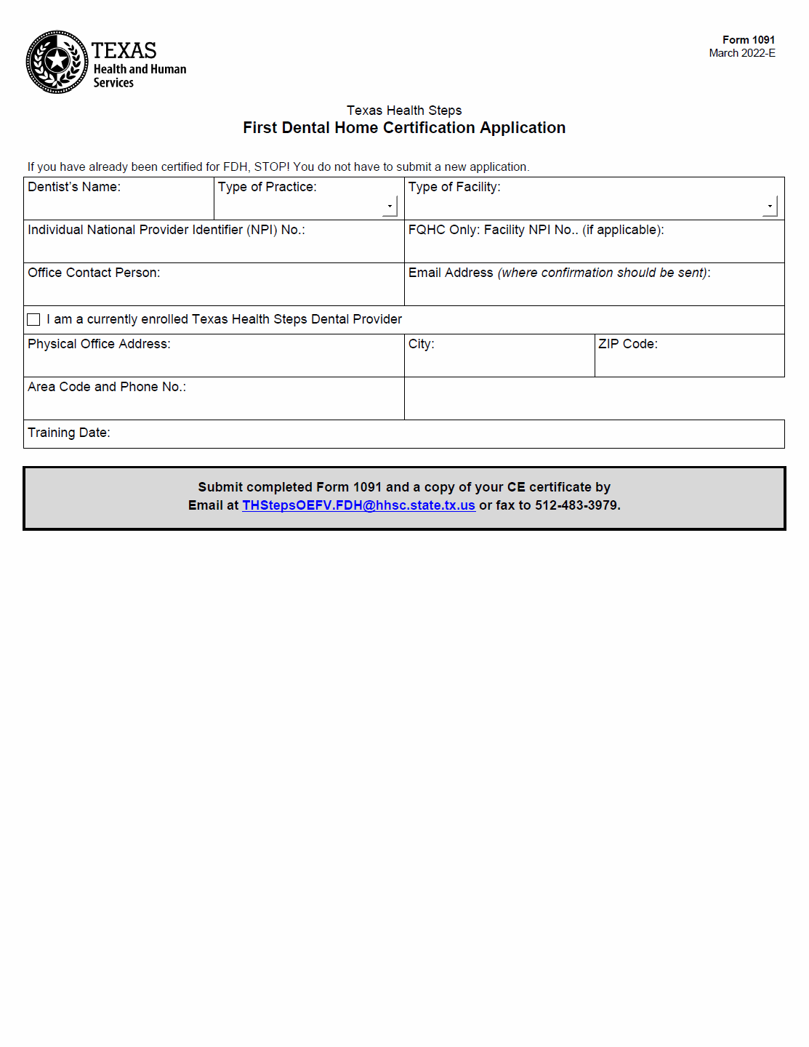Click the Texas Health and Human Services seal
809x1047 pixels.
pyautogui.click(x=57, y=62)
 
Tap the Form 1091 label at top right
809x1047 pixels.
pyautogui.click(x=748, y=40)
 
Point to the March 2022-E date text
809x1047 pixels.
pyautogui.click(x=741, y=53)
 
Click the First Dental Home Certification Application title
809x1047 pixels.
pyautogui.click(x=404, y=128)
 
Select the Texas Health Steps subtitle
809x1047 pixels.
pyautogui.click(x=404, y=111)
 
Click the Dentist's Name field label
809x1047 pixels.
pyautogui.click(x=74, y=187)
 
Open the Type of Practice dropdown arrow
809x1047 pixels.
pyautogui.click(x=390, y=206)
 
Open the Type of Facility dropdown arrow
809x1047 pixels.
pyautogui.click(x=770, y=206)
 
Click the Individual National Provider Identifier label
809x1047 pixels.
pyautogui.click(x=166, y=230)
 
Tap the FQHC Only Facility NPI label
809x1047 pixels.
pyautogui.click(x=536, y=230)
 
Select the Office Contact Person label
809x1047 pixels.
pyautogui.click(x=94, y=273)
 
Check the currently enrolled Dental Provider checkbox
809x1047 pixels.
pyautogui.click(x=33, y=320)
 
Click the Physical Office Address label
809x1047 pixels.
pyautogui.click(x=99, y=344)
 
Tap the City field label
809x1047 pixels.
pyautogui.click(x=421, y=344)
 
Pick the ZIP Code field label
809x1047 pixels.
pyautogui.click(x=628, y=344)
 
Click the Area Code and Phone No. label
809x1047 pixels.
pyautogui.click(x=107, y=387)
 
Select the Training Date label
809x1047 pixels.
pyautogui.click(x=69, y=433)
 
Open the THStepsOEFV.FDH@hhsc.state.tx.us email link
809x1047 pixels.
pyautogui.click(x=358, y=505)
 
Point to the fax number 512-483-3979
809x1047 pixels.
pyautogui.click(x=577, y=505)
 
